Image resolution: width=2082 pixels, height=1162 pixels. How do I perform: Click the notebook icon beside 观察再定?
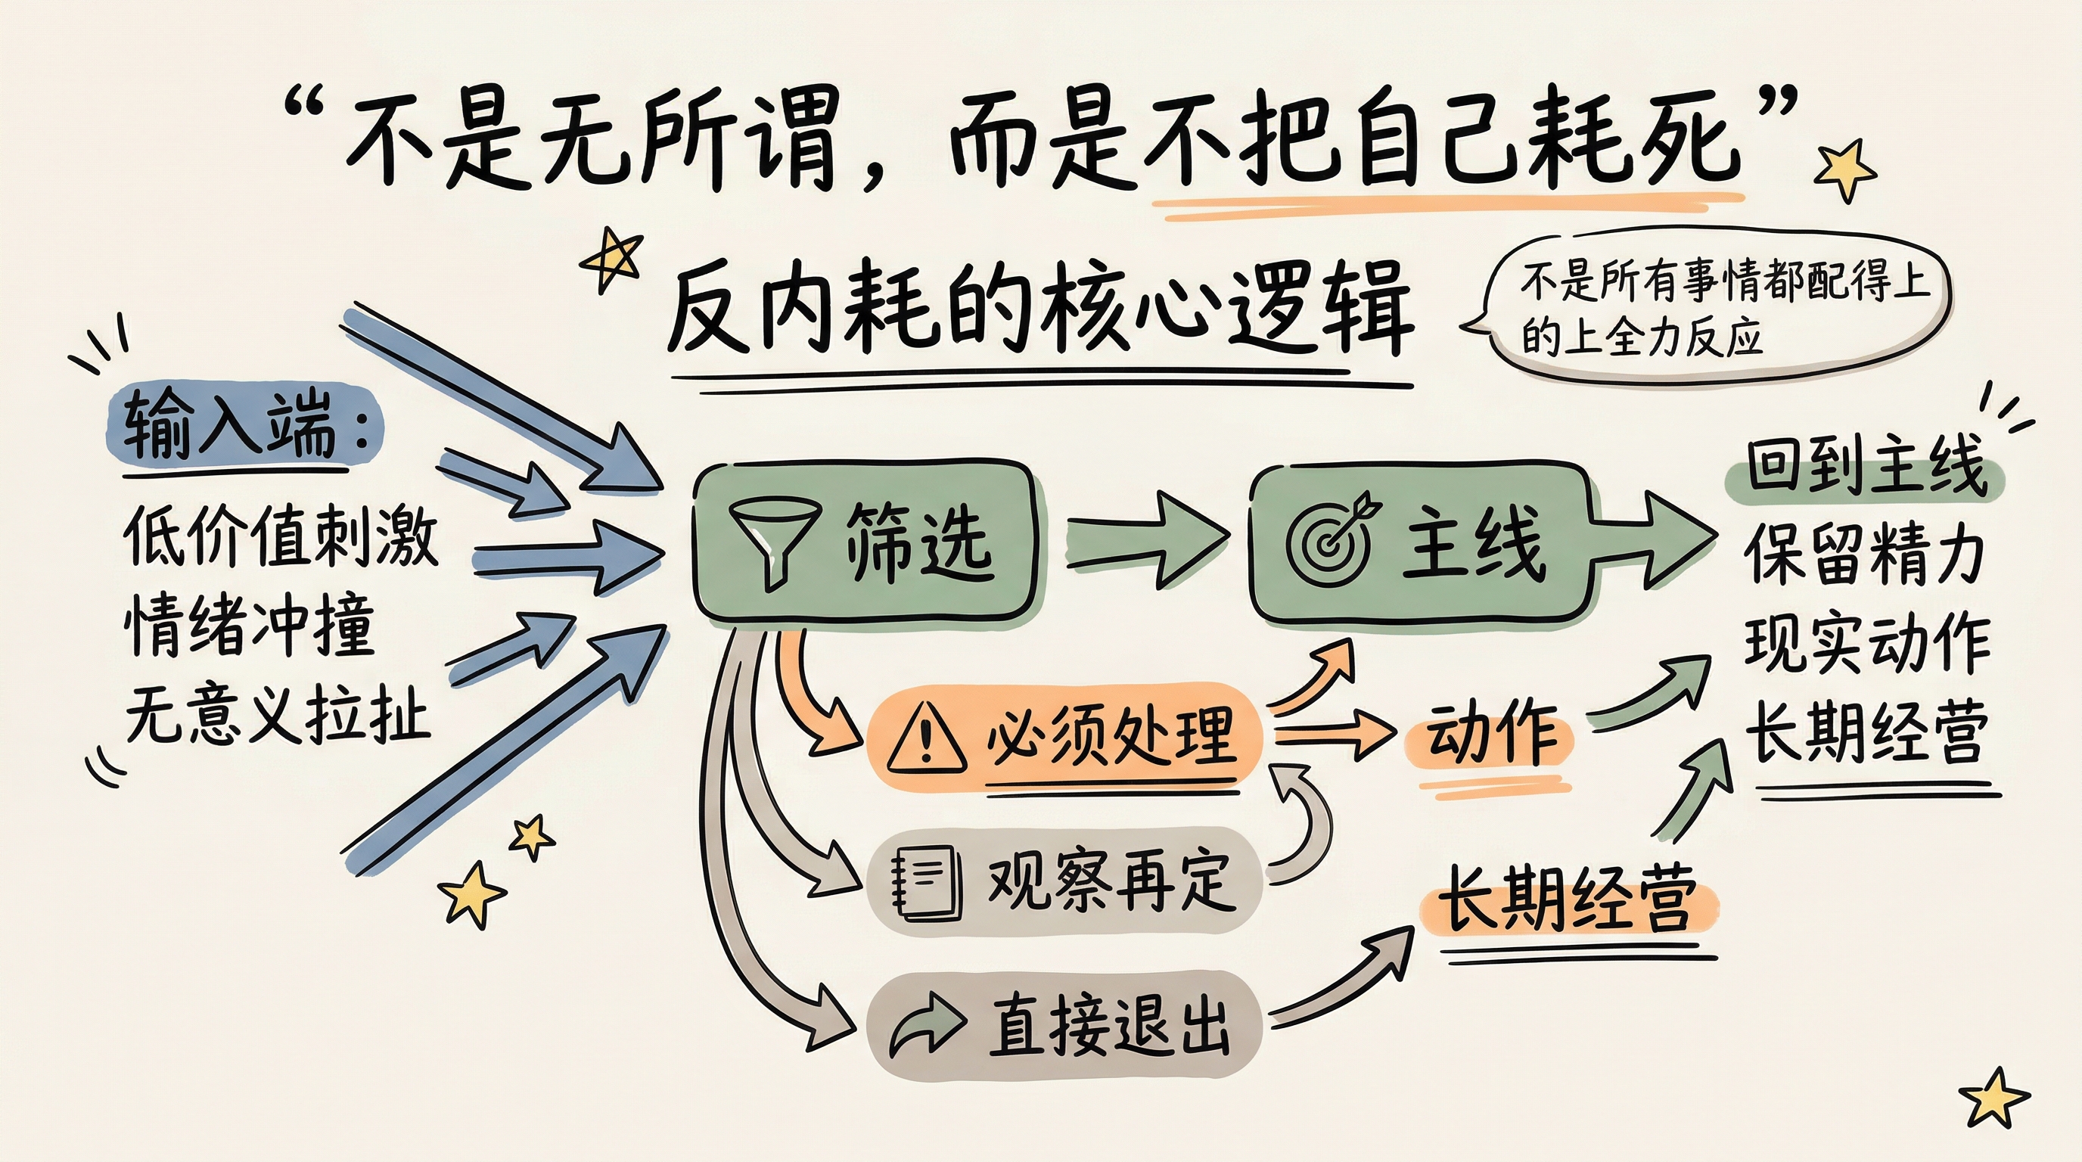[x=926, y=882]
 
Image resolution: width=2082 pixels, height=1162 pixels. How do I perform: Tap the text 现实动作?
[x=1866, y=645]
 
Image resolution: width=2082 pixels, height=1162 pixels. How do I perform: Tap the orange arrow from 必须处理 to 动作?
[x=1334, y=735]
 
